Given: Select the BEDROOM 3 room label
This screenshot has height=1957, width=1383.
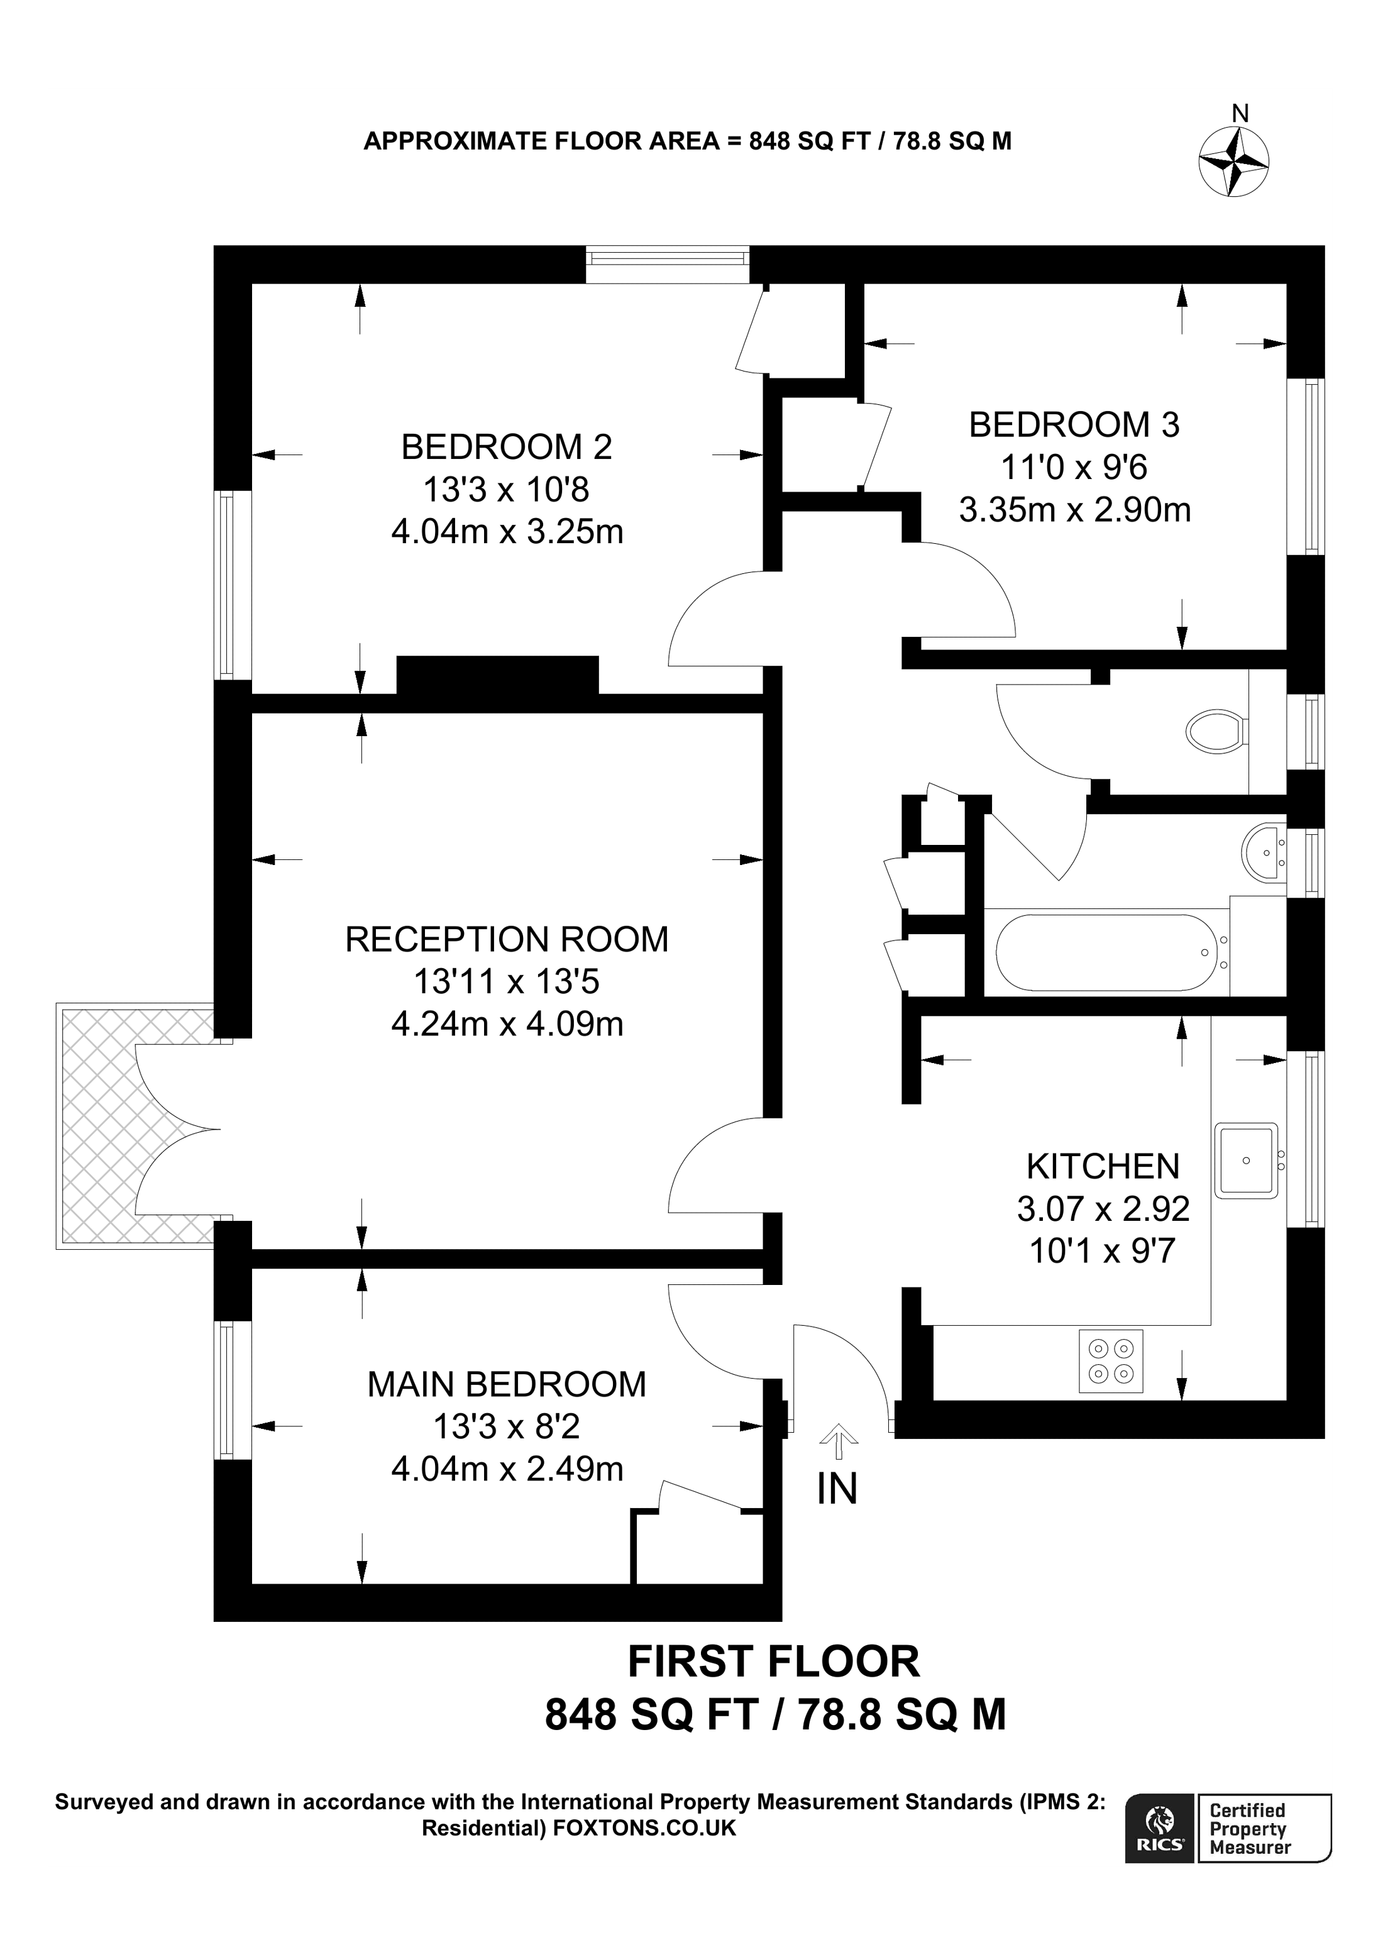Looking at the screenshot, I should point(1074,424).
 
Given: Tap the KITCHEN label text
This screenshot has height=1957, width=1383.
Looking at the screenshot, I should point(1103,1166).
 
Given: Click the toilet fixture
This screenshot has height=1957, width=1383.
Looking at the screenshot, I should point(1218,731).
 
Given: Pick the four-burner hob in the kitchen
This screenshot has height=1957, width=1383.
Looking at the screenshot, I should point(1110,1361).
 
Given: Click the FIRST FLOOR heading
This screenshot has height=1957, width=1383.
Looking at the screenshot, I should point(774,1662).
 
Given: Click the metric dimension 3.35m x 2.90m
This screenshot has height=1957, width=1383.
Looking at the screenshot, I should point(1074,510).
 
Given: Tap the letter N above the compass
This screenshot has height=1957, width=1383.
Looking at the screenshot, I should point(1241,113).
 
